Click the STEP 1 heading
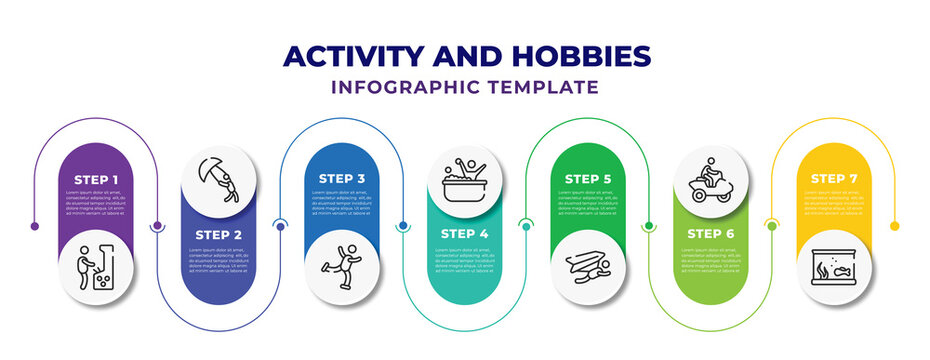96,179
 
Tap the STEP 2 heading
219,235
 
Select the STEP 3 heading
342,179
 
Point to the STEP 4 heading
465,235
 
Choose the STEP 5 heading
588,179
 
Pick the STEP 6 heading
711,235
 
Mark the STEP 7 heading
834,179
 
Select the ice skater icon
342,265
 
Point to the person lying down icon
588,265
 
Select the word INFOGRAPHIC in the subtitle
410,87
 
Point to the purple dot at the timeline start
35,226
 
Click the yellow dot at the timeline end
895,226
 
